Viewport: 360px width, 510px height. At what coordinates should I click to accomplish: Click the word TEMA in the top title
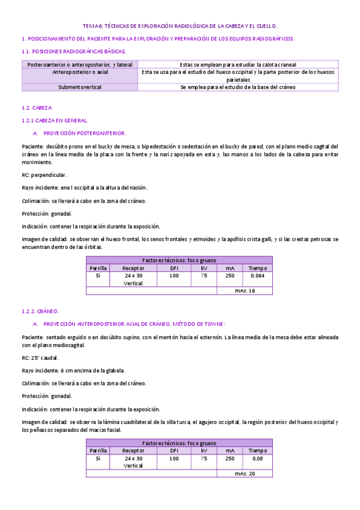(x=89, y=26)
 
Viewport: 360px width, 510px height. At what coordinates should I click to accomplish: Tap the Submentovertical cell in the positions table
(x=80, y=87)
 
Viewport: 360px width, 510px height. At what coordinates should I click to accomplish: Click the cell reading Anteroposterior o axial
(x=80, y=72)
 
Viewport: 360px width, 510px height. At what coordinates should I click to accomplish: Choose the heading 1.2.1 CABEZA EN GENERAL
(x=55, y=120)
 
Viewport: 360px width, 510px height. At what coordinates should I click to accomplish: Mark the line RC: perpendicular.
(x=44, y=175)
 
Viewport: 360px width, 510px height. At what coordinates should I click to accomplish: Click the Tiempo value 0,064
(x=257, y=275)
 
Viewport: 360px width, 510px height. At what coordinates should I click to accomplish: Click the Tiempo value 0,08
(x=257, y=458)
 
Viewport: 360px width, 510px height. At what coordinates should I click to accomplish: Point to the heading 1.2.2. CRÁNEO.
(x=41, y=312)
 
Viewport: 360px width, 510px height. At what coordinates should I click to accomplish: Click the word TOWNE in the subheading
(x=213, y=324)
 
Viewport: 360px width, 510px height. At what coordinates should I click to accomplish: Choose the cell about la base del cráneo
(x=238, y=87)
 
